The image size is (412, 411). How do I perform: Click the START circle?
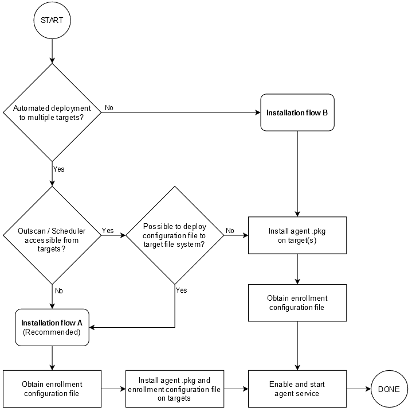tap(52, 20)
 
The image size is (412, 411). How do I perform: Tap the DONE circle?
tap(389, 389)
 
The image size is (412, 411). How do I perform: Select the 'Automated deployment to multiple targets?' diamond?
tap(52, 112)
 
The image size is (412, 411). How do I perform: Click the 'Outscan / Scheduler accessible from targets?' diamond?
tap(52, 235)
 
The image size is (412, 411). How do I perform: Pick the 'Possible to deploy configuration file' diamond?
tap(175, 235)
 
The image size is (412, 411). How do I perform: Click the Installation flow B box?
tap(297, 113)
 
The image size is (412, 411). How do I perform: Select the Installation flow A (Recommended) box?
tap(52, 327)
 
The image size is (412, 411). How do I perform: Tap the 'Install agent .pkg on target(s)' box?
tap(297, 235)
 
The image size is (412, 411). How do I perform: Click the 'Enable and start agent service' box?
tap(297, 389)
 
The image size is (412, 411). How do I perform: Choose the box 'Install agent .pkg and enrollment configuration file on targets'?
tap(175, 389)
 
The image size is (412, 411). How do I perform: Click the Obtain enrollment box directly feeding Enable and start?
tap(297, 303)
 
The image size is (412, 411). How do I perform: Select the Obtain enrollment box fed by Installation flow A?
tap(52, 389)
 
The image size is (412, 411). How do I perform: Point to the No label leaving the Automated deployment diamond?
tap(109, 108)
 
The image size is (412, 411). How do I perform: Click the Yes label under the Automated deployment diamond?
tap(58, 169)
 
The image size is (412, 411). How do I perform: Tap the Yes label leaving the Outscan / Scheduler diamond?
tap(108, 231)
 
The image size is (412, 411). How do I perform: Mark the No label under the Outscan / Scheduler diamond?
tap(58, 290)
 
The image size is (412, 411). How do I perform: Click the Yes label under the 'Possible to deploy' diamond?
tap(181, 290)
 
